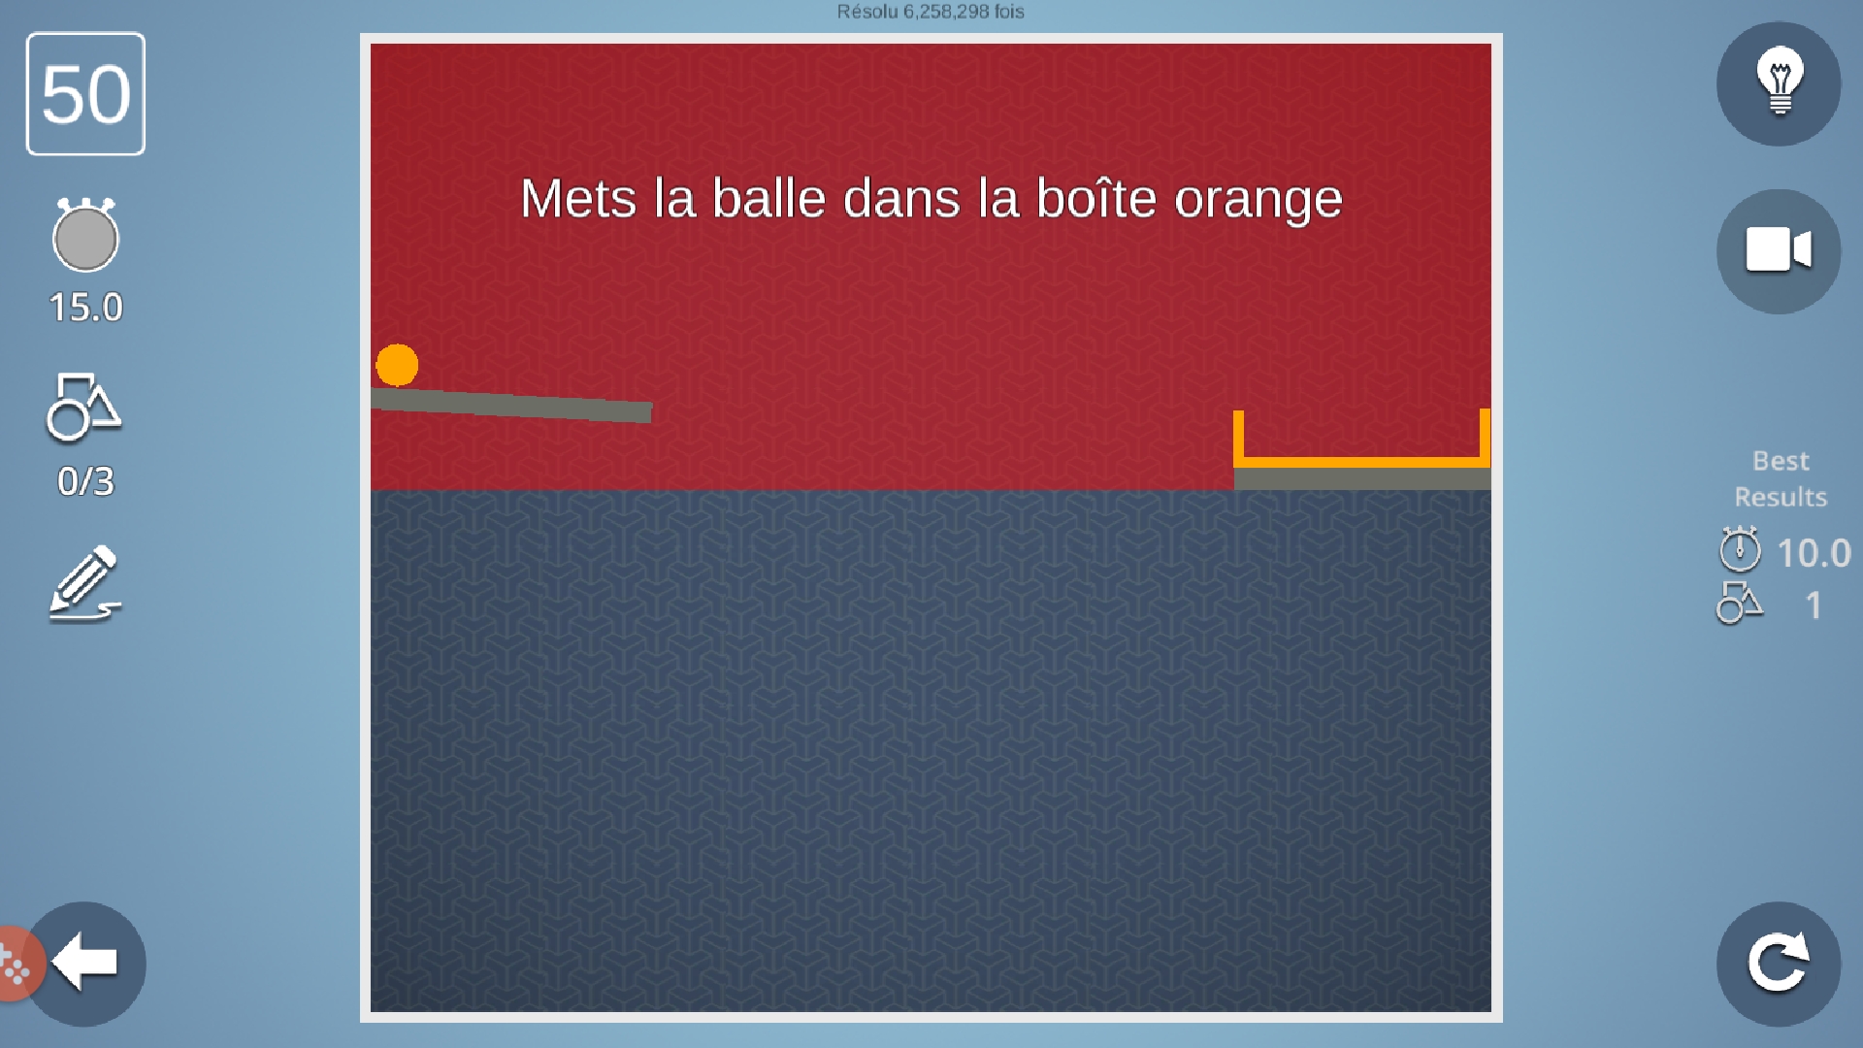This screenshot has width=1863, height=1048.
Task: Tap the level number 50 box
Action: coord(85,94)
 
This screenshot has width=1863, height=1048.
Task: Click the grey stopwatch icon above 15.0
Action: coord(85,235)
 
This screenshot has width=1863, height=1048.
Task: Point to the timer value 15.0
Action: coord(85,308)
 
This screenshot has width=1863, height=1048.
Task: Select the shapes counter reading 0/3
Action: coord(85,481)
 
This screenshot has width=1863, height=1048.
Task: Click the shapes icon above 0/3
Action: coord(83,407)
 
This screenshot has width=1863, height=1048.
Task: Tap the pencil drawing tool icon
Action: coord(85,584)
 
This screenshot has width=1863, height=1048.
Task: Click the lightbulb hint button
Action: coord(1779,84)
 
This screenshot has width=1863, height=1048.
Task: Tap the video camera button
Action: coord(1779,251)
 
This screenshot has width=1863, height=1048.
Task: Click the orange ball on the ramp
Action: coord(397,365)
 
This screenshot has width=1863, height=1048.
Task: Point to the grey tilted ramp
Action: coord(511,405)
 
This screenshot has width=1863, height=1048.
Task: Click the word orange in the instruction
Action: coord(1258,200)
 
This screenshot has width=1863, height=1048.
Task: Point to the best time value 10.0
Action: coord(1814,553)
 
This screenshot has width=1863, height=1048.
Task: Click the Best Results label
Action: coord(1781,478)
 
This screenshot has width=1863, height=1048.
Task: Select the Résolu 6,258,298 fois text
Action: coord(931,12)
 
